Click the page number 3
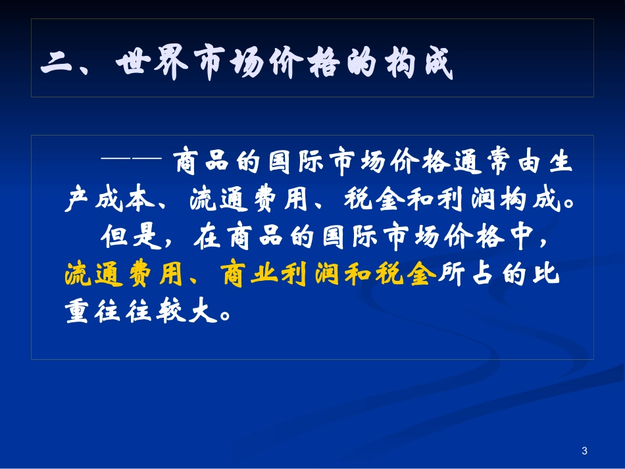click(584, 451)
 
